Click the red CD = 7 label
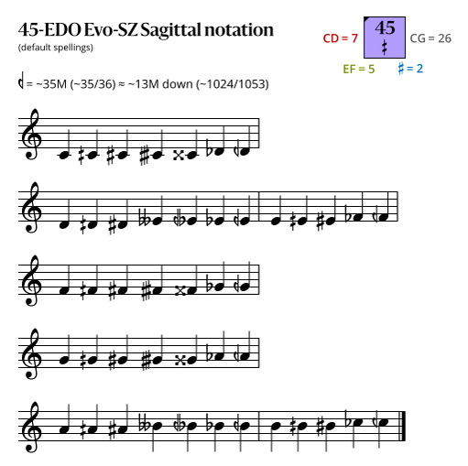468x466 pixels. (340, 38)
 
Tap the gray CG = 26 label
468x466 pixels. (430, 38)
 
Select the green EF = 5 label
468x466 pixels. (359, 69)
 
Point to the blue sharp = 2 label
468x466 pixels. (410, 69)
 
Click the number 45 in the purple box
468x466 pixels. (385, 28)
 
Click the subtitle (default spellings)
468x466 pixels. (56, 48)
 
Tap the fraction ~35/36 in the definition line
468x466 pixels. (93, 84)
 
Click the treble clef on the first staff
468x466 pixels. (31, 135)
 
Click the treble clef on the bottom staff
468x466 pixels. (31, 428)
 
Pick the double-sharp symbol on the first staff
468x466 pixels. (179, 156)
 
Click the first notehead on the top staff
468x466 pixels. (63, 156)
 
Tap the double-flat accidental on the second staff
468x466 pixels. (144, 219)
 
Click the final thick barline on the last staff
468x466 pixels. (403, 426)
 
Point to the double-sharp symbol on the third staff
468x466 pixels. (180, 291)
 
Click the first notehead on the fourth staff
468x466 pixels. (64, 361)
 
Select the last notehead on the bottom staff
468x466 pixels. (384, 422)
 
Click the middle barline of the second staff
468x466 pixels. (259, 206)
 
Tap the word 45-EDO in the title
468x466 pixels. (49, 30)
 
